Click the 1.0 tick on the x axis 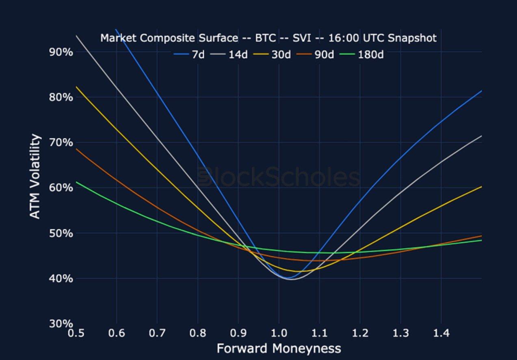tap(279, 333)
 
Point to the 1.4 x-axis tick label tap(441, 333)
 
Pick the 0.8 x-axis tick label tap(197, 333)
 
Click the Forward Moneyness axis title tap(279, 348)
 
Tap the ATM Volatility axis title tap(36, 177)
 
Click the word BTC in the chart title tap(266, 38)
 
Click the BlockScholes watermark tap(279, 177)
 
